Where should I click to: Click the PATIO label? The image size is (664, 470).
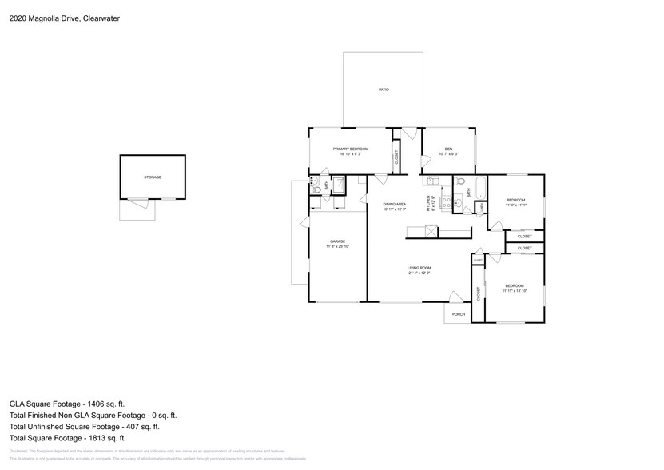pyautogui.click(x=384, y=90)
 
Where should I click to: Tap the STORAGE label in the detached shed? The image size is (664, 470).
pyautogui.click(x=152, y=177)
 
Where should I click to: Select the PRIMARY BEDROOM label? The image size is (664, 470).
pyautogui.click(x=350, y=149)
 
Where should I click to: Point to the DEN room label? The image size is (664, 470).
pyautogui.click(x=448, y=149)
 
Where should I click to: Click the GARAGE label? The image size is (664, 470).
pyautogui.click(x=338, y=241)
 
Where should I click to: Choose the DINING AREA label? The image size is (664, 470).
pyautogui.click(x=396, y=205)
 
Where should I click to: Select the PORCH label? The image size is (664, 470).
pyautogui.click(x=458, y=314)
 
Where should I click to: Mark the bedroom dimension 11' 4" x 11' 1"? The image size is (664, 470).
pyautogui.click(x=515, y=205)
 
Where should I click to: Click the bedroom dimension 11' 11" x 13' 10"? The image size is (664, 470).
pyautogui.click(x=514, y=291)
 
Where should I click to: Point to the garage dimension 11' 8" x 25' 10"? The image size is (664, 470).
pyautogui.click(x=338, y=247)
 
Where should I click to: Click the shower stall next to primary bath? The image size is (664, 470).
pyautogui.click(x=339, y=185)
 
